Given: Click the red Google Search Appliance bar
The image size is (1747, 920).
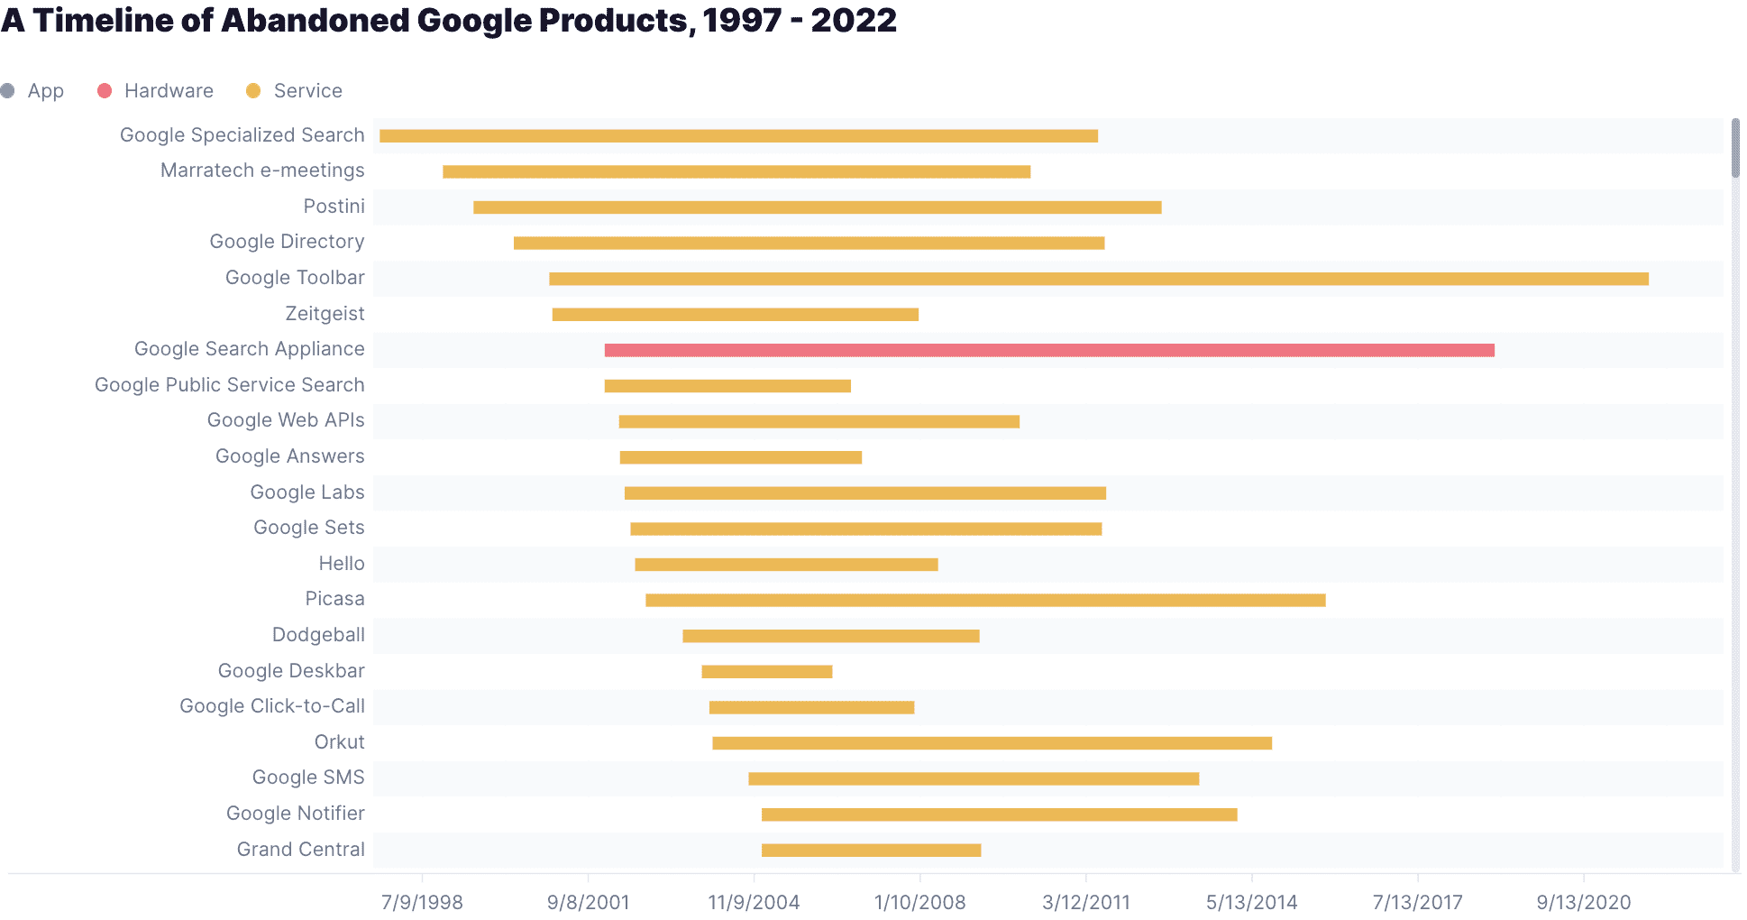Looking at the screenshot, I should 1048,350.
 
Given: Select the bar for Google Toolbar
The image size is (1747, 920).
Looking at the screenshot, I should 1098,279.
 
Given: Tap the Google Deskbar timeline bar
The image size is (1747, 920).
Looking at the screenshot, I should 766,671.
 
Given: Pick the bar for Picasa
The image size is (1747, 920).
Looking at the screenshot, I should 984,600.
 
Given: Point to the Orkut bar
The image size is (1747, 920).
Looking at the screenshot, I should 992,743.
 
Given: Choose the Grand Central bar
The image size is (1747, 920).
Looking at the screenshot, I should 871,850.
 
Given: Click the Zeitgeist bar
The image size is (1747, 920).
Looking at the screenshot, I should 735,314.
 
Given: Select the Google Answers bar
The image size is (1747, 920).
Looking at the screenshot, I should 740,457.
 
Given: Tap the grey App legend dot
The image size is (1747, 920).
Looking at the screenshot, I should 8,91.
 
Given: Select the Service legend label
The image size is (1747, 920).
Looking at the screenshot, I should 307,91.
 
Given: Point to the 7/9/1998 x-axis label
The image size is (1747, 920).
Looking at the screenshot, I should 422,902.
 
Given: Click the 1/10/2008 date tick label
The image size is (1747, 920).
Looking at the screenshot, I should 919,902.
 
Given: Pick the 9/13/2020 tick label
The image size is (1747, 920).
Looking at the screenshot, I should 1583,902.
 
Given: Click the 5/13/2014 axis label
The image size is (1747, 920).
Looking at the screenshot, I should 1251,902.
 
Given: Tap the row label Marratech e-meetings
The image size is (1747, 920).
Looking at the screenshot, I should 262,170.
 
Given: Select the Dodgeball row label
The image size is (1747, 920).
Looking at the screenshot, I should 318,635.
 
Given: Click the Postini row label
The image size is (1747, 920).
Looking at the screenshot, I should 334,207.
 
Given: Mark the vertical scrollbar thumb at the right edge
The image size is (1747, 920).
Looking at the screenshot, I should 1735,148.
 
